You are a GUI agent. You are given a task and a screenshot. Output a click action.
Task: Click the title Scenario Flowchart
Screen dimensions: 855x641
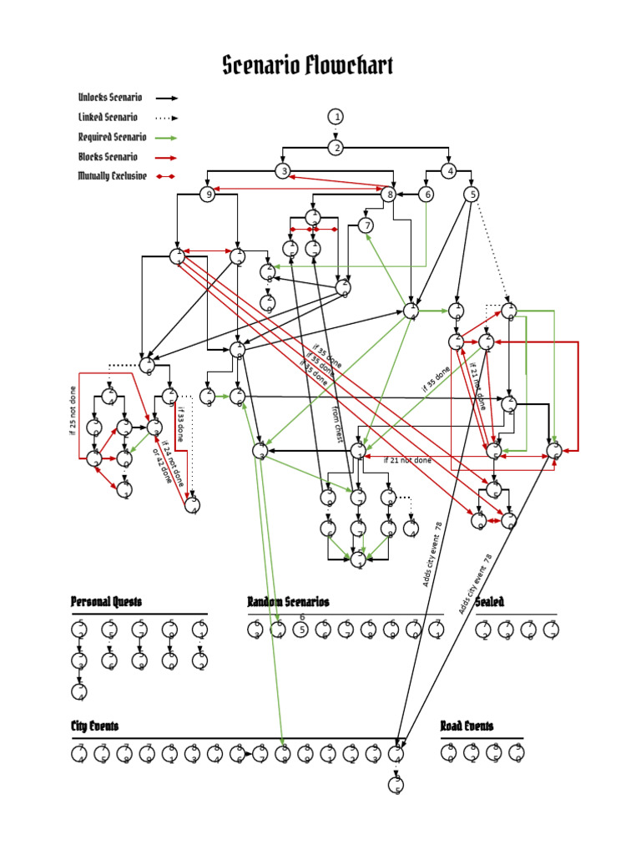click(307, 66)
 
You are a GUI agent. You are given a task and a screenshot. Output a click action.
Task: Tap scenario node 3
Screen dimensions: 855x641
click(284, 172)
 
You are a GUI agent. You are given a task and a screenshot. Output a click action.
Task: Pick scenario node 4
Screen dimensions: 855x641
click(449, 172)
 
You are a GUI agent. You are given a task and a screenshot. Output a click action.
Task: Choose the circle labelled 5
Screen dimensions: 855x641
click(472, 195)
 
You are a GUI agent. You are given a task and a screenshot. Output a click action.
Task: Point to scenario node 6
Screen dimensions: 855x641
click(426, 195)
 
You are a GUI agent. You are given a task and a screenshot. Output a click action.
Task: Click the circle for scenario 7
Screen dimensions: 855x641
click(366, 225)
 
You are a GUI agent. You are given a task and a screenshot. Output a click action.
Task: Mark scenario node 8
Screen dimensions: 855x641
click(388, 195)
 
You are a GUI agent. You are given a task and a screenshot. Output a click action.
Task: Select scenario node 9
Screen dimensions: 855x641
click(207, 195)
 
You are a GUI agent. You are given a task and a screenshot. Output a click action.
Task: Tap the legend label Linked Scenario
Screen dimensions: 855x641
click(108, 118)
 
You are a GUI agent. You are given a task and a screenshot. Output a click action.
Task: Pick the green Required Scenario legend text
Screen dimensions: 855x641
click(113, 137)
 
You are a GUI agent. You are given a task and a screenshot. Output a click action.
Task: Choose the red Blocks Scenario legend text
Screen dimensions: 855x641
click(108, 157)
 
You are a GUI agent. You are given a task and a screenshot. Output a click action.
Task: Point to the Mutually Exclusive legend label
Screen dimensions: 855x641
click(113, 176)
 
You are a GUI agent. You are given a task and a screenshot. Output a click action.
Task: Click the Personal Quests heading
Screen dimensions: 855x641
click(106, 602)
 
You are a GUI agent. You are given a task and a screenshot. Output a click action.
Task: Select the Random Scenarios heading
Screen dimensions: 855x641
click(288, 602)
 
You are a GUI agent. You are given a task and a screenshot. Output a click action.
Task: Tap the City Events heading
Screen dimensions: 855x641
click(94, 726)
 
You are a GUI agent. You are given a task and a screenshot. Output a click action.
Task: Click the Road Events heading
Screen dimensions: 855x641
click(467, 726)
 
